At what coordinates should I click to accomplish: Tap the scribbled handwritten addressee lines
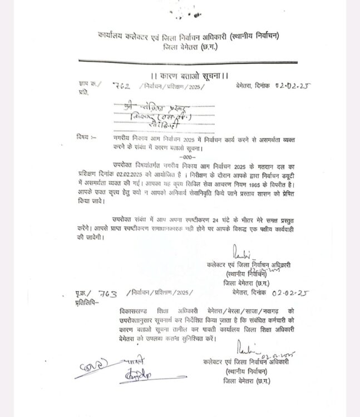pyautogui.click(x=150, y=112)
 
